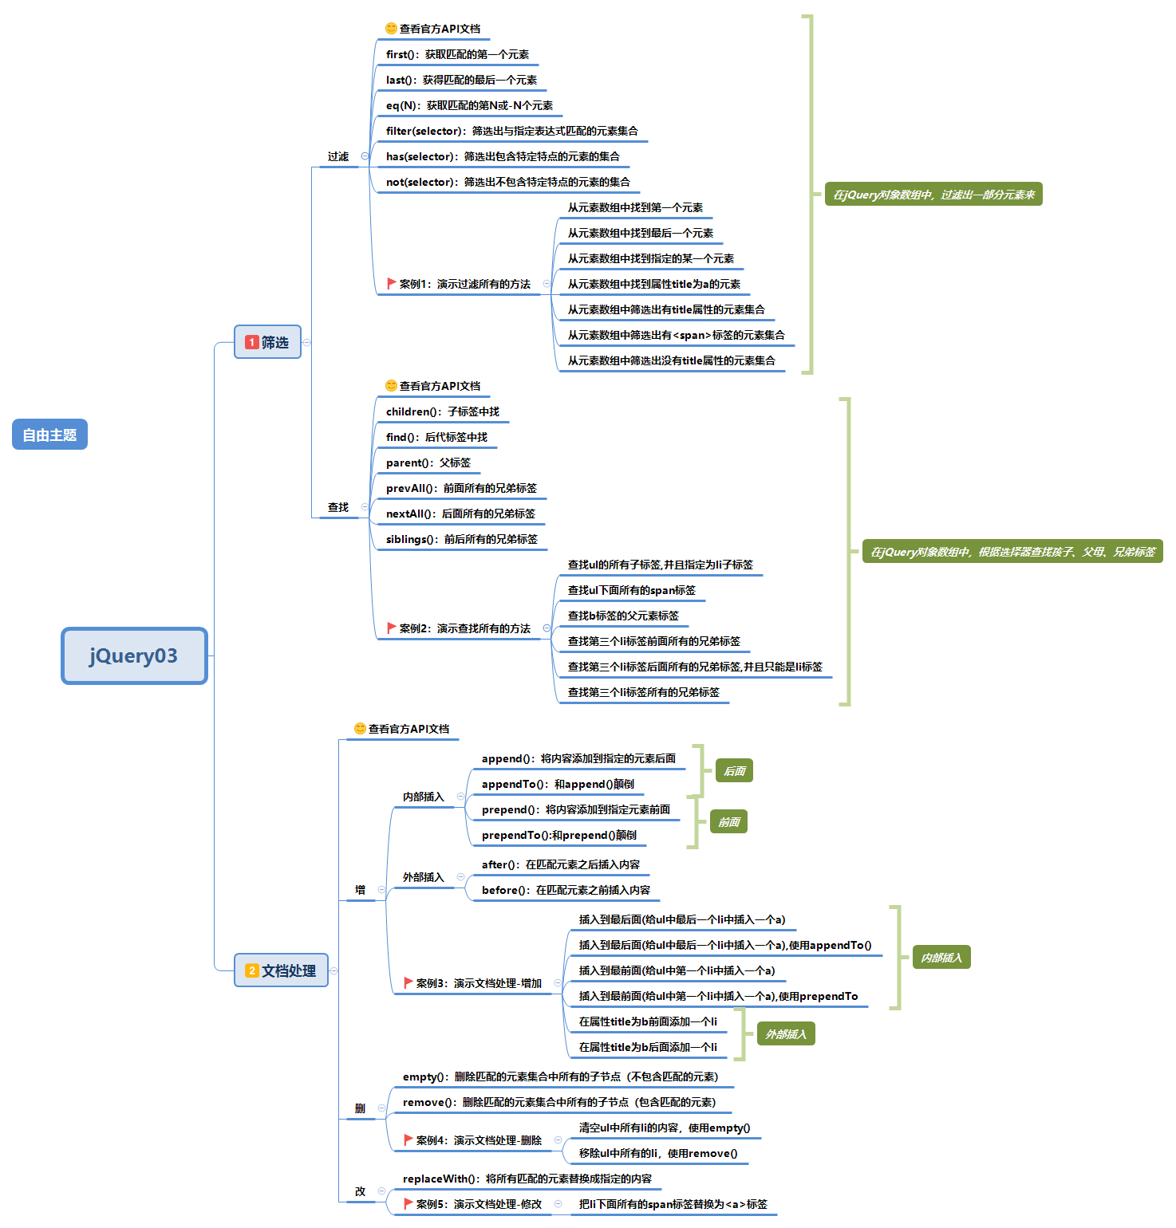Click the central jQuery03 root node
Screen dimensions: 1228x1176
tap(134, 655)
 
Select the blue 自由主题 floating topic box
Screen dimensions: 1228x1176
tap(49, 435)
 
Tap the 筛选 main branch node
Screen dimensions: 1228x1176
tap(267, 342)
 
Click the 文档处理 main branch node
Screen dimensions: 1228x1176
tap(281, 970)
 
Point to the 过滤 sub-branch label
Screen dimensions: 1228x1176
tap(338, 156)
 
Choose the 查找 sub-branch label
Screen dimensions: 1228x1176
tap(338, 507)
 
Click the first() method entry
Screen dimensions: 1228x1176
tap(457, 54)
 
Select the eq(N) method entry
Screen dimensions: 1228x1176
tap(469, 105)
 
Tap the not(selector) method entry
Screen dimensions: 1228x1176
tap(507, 182)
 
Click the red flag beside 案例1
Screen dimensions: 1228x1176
tap(391, 283)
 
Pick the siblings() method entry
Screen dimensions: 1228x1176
tap(461, 539)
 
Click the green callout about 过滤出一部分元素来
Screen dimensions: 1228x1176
tap(933, 195)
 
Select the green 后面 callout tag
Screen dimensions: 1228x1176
tap(734, 771)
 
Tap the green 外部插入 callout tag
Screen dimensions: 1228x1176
tap(786, 1034)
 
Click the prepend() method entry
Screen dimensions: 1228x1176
tap(575, 809)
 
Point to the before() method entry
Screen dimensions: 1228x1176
tap(566, 890)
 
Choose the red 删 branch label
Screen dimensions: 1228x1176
tap(360, 1108)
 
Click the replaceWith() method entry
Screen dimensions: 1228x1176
tap(527, 1179)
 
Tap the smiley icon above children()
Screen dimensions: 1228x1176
tap(391, 385)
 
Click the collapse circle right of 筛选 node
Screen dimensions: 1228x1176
tap(307, 342)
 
